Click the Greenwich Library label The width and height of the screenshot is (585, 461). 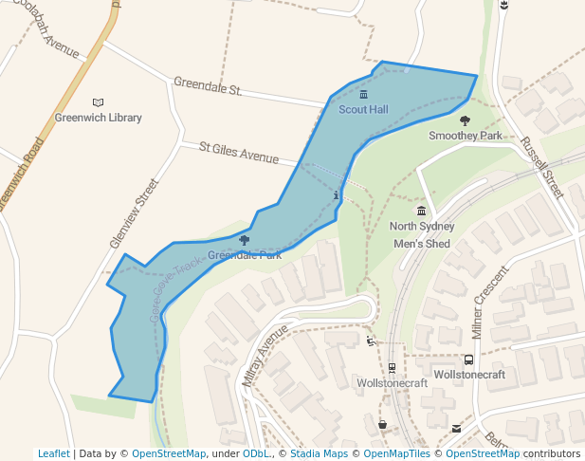[x=98, y=118]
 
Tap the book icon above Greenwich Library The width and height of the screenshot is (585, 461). [x=98, y=102]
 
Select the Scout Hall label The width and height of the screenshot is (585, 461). [x=363, y=110]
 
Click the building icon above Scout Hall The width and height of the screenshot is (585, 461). [x=363, y=95]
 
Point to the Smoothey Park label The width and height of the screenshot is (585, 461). [x=465, y=136]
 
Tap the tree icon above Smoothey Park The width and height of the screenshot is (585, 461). [x=465, y=120]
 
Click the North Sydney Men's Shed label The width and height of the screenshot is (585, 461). [x=422, y=234]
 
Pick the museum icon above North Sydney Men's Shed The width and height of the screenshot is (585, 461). [x=422, y=211]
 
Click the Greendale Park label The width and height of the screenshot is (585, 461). [x=245, y=255]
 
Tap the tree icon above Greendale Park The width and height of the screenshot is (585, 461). [x=245, y=241]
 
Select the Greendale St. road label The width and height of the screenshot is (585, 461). [x=208, y=87]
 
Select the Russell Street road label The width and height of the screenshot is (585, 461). [x=541, y=168]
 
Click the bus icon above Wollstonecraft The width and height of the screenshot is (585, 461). [x=468, y=360]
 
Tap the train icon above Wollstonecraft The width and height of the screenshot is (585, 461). [x=392, y=368]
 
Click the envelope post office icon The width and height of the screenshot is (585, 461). [x=456, y=429]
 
